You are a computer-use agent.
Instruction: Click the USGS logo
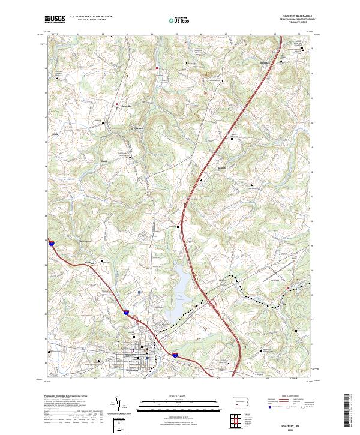coord(55,19)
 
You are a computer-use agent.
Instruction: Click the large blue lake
coord(183,282)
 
